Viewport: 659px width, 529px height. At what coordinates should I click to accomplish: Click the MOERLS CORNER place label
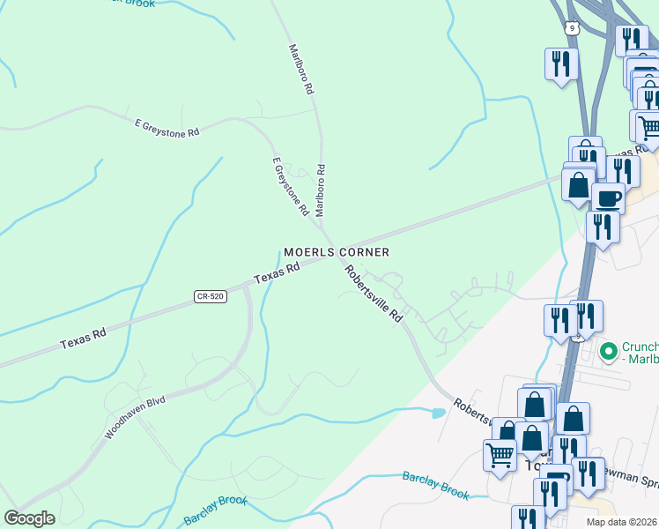pos(336,252)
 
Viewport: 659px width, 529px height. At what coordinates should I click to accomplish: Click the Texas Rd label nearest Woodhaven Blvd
pos(84,336)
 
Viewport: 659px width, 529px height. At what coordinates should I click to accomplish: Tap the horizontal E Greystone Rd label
pos(167,128)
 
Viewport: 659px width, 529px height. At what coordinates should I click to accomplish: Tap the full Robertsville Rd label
pos(373,294)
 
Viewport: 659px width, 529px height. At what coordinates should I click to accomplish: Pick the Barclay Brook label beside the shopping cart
pos(435,486)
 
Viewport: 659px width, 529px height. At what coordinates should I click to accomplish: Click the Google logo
pos(29,518)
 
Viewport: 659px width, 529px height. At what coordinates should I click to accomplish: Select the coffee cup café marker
pos(607,197)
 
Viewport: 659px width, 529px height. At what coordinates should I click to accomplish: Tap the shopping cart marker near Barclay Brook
pos(500,456)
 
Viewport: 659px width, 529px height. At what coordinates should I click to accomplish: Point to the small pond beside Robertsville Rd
pos(438,412)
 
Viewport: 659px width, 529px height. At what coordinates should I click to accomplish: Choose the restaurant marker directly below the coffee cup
pos(603,227)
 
